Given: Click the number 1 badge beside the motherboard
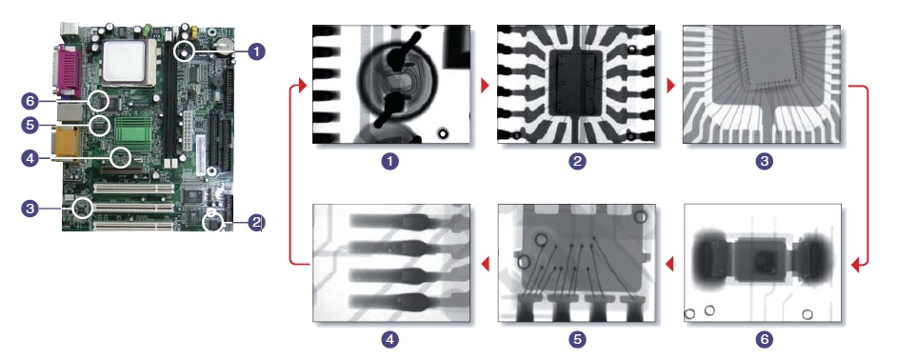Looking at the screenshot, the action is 257,51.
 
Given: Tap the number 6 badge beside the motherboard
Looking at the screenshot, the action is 30,101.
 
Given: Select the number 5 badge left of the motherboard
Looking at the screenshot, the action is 30,125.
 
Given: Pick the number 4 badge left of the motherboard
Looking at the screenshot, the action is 30,157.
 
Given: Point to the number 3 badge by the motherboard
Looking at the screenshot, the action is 30,209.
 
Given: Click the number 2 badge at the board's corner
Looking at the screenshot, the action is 256,222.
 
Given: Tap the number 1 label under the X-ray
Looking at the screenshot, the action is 390,161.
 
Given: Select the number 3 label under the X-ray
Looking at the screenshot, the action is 763,161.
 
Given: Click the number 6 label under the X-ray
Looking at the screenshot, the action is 763,340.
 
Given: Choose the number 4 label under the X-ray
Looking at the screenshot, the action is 390,340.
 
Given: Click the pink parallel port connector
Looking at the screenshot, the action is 70,71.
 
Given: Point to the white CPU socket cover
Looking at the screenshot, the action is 126,61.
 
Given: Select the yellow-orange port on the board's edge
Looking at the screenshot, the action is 64,144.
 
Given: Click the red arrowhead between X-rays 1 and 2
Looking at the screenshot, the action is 485,86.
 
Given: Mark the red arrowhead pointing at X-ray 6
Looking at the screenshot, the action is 856,265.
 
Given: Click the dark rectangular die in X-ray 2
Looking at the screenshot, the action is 576,83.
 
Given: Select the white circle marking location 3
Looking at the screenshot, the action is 84,208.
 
